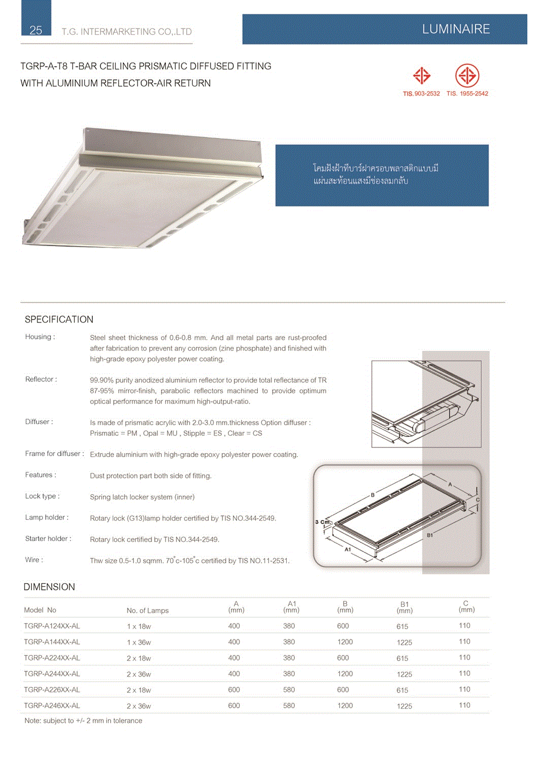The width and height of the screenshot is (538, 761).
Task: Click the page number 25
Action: point(36,30)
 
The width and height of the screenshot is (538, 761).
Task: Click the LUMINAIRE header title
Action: point(456,29)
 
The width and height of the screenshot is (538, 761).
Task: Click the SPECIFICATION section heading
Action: point(59,320)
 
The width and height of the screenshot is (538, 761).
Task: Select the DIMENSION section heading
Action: point(49,587)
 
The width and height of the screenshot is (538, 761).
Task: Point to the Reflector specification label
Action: point(41,379)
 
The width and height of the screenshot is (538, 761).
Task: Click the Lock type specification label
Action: point(42,496)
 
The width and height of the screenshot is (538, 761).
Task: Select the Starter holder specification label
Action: point(48,539)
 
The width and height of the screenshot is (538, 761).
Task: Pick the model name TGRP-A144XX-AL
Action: point(52,642)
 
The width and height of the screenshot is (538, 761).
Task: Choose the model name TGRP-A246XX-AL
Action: point(52,706)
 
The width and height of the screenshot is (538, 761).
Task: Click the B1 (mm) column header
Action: point(405,608)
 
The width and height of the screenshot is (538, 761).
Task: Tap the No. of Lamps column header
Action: point(148,611)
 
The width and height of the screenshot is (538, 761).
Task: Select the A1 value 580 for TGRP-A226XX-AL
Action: point(289,690)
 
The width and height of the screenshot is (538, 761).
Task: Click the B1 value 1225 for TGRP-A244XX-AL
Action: point(405,674)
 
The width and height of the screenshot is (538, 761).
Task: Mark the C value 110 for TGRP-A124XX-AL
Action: point(464,626)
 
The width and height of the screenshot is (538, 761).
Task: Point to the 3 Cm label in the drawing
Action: point(322,522)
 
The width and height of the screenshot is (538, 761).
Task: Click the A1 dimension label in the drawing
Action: point(348,549)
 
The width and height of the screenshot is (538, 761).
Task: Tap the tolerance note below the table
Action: point(83,721)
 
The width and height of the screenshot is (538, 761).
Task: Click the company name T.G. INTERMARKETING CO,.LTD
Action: point(127,32)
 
